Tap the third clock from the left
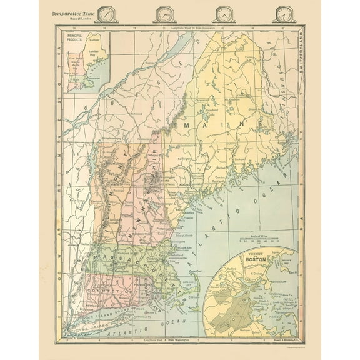[223, 14]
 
